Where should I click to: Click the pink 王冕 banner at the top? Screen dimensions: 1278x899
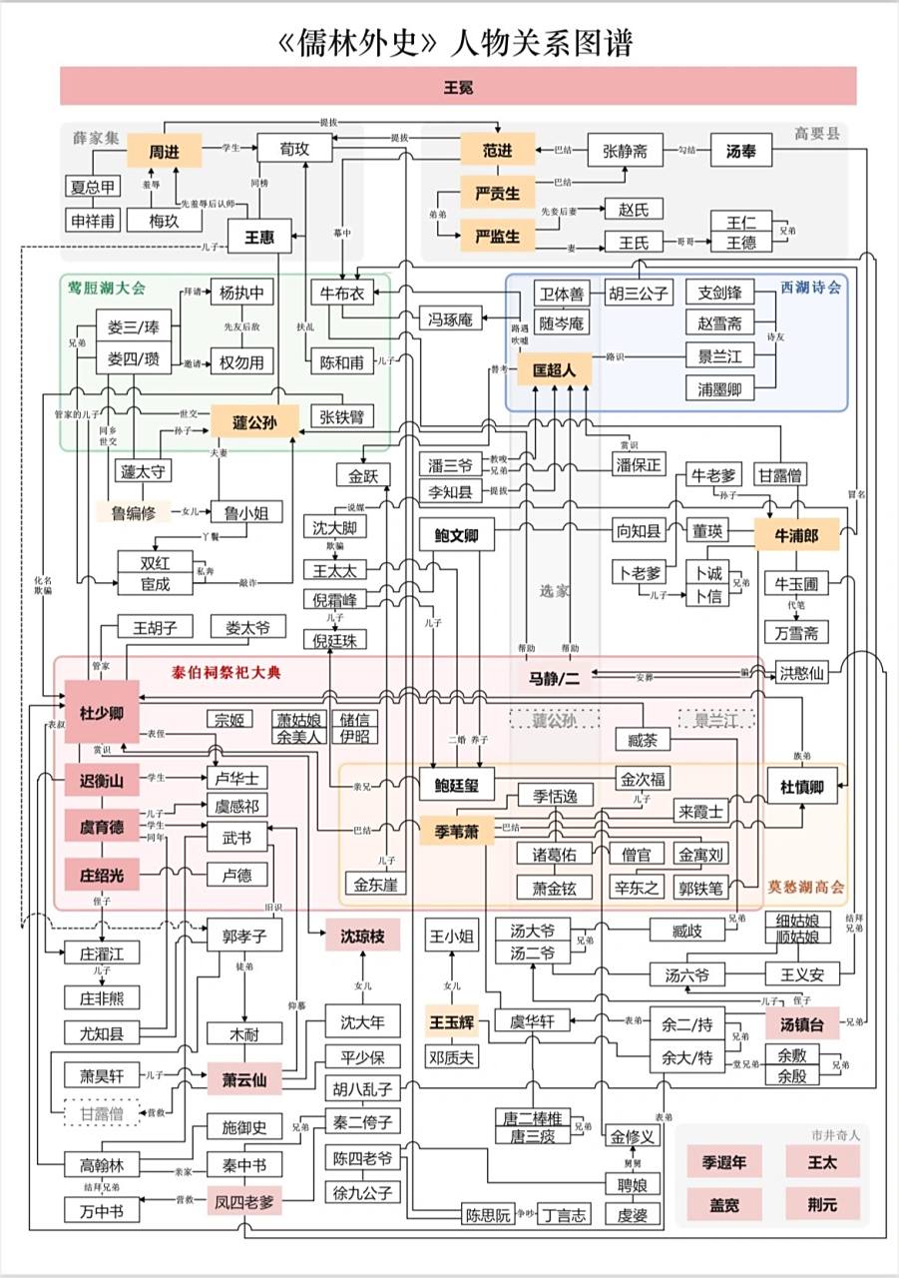(x=458, y=86)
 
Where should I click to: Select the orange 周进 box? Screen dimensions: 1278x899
(x=164, y=152)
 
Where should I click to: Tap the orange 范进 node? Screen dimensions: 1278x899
(x=497, y=150)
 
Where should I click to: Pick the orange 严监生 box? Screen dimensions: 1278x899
(x=497, y=237)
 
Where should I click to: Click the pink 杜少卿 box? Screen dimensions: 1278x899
(x=101, y=712)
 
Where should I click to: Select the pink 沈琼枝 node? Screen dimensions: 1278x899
(x=361, y=936)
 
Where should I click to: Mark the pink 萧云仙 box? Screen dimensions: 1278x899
(x=243, y=1079)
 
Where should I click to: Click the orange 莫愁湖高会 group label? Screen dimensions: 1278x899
(x=805, y=887)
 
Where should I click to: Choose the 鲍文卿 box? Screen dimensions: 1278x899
(x=456, y=536)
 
